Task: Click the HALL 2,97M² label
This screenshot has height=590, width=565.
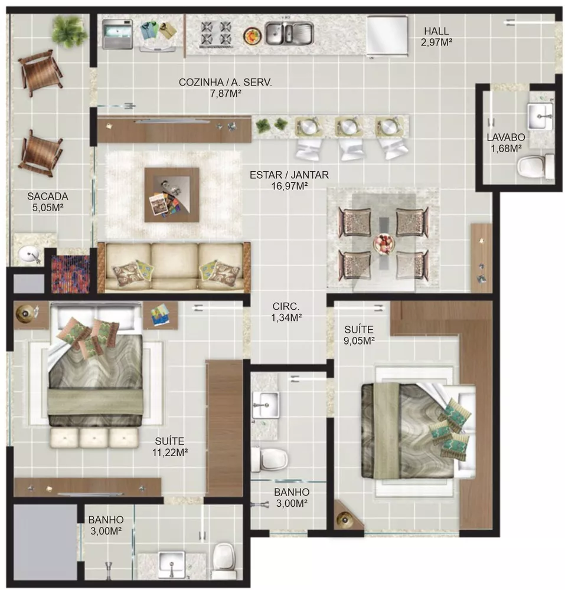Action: pos(436,37)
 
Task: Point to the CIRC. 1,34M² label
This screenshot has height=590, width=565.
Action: pos(287,312)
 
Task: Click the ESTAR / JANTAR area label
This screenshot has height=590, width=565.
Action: pos(289,181)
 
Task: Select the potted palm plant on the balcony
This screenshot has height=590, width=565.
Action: pos(69,31)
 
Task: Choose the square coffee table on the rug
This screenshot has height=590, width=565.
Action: pos(171,194)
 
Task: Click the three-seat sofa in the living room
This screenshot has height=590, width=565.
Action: pos(174,267)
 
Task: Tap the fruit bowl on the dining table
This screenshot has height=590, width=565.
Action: pos(384,243)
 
